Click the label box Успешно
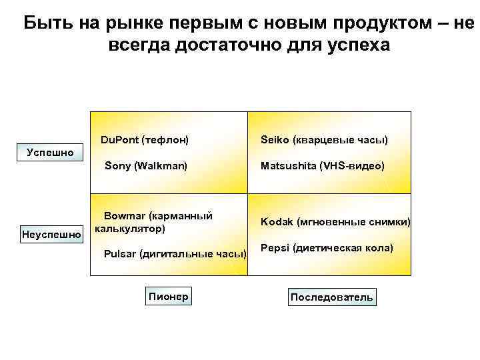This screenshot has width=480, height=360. [x=50, y=153]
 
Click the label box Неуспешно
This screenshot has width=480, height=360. [x=51, y=234]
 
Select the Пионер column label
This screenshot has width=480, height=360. [x=167, y=296]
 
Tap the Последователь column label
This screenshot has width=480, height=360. [x=331, y=297]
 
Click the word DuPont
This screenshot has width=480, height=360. [x=119, y=140]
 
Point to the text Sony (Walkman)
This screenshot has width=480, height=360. [x=146, y=165]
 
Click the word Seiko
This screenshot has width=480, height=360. [x=275, y=140]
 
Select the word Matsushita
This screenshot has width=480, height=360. [x=289, y=165]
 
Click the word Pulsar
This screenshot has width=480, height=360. [x=119, y=253]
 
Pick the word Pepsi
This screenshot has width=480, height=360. [x=274, y=247]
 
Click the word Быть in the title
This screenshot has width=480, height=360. [x=45, y=23]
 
